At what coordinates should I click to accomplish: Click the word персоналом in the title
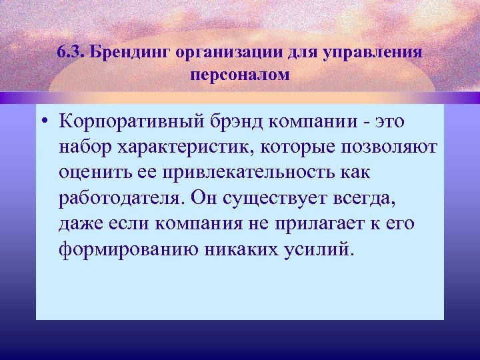(240, 74)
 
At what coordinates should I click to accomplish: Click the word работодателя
(121, 198)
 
